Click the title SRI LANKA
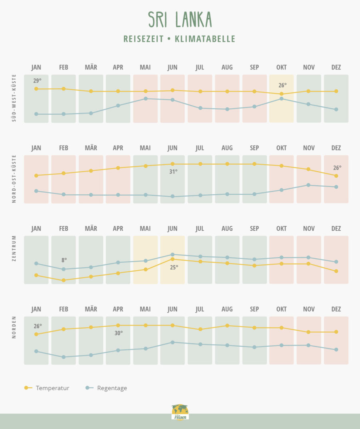tap(180, 20)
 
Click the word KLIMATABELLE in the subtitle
tap(205, 39)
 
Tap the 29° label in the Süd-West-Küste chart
tap(37, 81)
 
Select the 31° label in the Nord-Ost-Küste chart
tap(173, 172)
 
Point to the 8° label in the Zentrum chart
tap(64, 260)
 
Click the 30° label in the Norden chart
tap(118, 333)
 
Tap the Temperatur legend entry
tap(47, 388)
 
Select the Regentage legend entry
tap(106, 388)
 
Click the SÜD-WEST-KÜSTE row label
tap(14, 98)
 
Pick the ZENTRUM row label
tap(14, 248)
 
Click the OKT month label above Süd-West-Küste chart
tap(282, 67)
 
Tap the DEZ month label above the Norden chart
tap(336, 309)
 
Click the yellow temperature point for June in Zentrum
tap(172, 259)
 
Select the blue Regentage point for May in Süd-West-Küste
tap(146, 98)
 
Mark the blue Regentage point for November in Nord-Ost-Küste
tap(308, 185)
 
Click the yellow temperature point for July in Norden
tap(200, 329)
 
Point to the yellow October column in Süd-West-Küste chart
tap(282, 98)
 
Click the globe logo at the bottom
tap(180, 412)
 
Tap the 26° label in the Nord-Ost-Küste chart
tap(337, 168)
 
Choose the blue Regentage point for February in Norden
tap(64, 357)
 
